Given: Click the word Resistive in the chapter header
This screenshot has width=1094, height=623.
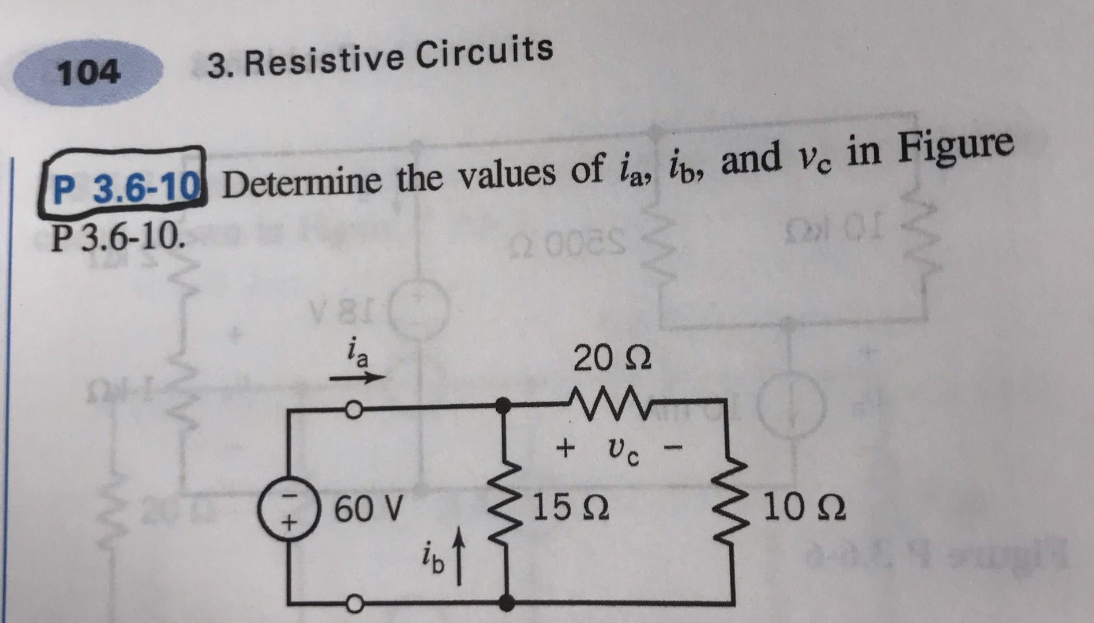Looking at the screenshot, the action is (x=323, y=60).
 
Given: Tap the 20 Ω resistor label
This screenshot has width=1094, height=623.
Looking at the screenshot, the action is (x=613, y=359).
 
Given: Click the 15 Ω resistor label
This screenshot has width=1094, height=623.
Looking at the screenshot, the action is (x=571, y=508).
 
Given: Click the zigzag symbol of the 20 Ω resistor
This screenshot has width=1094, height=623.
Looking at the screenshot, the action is (x=613, y=398).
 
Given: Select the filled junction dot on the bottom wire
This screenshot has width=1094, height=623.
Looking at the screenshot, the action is (x=506, y=603).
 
